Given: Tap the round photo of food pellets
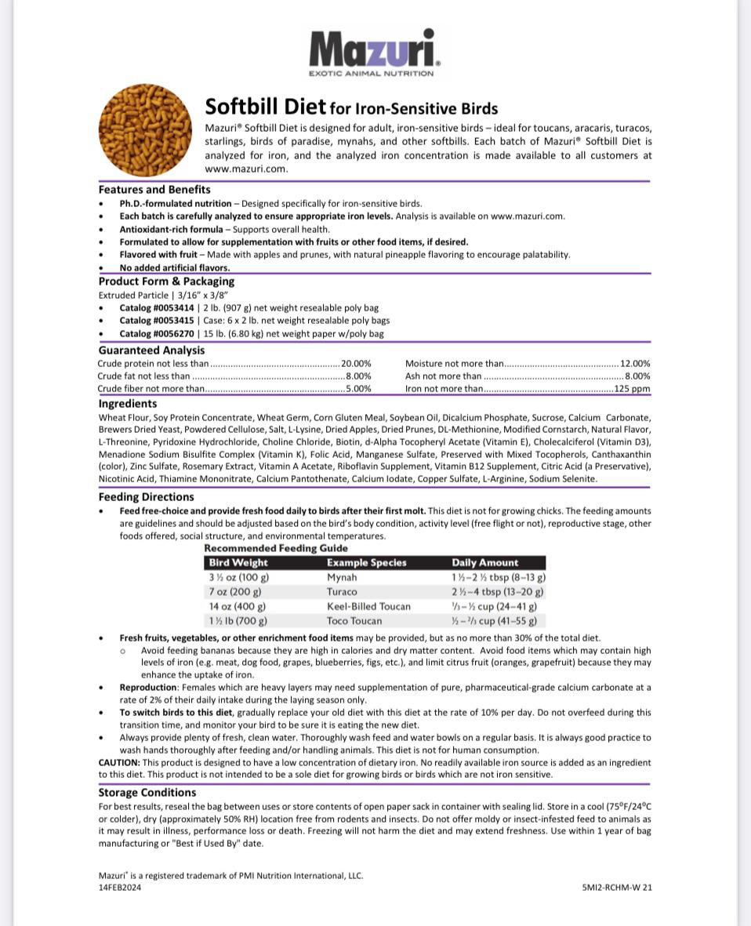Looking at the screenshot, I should [x=145, y=129].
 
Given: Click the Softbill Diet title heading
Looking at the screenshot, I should [x=350, y=107].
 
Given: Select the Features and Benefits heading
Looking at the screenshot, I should [x=154, y=190].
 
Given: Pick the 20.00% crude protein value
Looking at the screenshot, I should [x=356, y=364].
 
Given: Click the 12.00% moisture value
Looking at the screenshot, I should [x=635, y=364].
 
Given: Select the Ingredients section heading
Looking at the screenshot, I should [x=128, y=404].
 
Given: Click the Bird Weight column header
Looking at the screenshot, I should [x=238, y=562].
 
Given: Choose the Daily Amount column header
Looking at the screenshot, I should [x=484, y=562].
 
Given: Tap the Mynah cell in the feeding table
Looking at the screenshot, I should [x=342, y=577].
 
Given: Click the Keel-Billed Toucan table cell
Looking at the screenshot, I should [x=368, y=606].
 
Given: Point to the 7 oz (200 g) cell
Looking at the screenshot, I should [x=235, y=592].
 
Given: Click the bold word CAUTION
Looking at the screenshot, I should [x=119, y=762].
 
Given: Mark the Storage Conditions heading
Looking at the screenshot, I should [x=147, y=793].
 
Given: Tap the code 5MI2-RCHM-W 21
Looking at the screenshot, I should [x=617, y=888].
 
